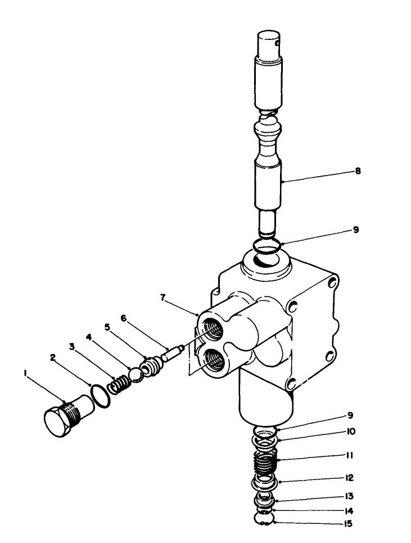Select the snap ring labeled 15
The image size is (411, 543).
[264, 520]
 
